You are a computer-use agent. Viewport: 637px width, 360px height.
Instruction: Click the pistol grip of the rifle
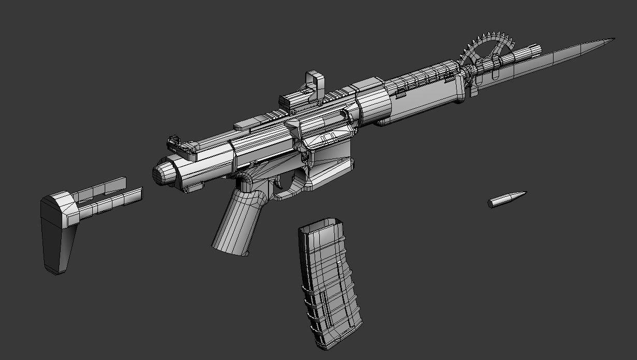point(238,223)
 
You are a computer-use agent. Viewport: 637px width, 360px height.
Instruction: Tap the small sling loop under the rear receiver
point(193,188)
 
